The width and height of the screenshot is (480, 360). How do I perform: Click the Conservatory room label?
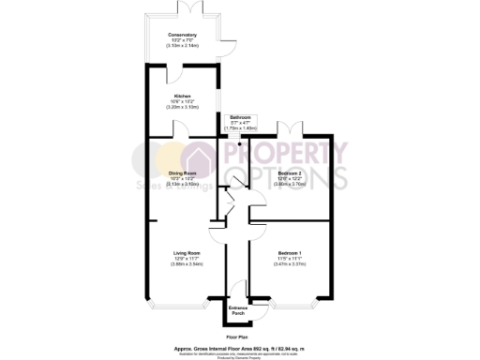click(183, 35)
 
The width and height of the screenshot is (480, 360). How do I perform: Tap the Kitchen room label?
click(182, 96)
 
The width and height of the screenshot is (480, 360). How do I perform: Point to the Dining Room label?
click(182, 172)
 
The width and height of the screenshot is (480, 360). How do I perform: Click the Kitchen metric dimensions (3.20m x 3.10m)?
click(182, 107)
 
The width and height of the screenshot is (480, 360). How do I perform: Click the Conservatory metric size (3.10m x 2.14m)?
click(183, 45)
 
